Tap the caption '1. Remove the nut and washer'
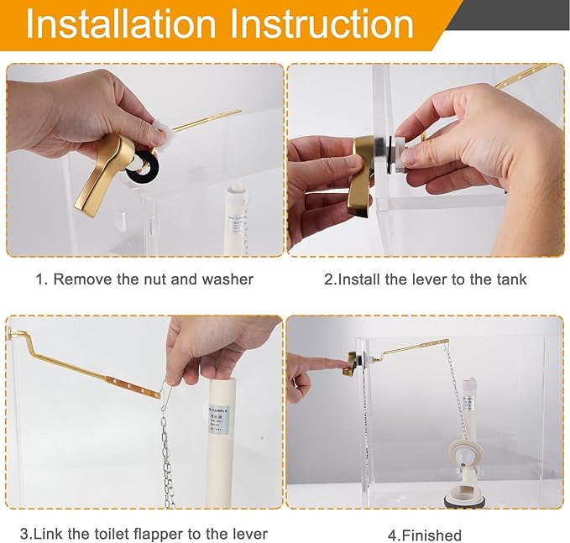[144, 279]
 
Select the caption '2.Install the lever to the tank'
[426, 279]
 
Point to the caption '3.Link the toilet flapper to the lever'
[144, 533]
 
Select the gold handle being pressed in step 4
[350, 363]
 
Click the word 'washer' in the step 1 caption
[227, 279]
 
